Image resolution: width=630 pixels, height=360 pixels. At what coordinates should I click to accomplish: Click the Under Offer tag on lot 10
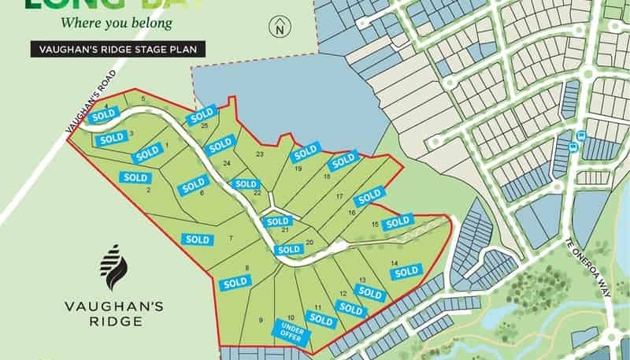(292, 329)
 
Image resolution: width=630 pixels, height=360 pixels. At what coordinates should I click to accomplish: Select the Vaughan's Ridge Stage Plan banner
(118, 50)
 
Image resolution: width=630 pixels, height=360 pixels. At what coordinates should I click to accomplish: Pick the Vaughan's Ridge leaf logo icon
(114, 267)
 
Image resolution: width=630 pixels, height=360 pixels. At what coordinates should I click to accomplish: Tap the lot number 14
(394, 262)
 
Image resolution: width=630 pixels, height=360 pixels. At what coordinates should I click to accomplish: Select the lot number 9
(261, 320)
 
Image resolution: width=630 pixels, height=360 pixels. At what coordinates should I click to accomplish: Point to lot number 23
(260, 154)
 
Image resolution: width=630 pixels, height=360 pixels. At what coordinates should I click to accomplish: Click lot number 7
(231, 238)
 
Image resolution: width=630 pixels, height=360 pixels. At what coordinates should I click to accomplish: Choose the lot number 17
(339, 195)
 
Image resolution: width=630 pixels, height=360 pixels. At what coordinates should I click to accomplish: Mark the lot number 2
(148, 189)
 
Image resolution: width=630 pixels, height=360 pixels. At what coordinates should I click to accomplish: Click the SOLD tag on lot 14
(406, 272)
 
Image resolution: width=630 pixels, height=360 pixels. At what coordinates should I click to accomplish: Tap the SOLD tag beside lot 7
(196, 239)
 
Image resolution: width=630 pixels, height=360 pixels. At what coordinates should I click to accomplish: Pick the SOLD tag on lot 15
(398, 222)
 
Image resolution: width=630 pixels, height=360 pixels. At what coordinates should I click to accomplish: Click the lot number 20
(309, 242)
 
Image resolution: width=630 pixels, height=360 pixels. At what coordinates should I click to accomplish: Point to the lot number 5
(143, 98)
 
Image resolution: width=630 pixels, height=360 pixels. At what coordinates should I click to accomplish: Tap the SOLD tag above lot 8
(235, 282)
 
